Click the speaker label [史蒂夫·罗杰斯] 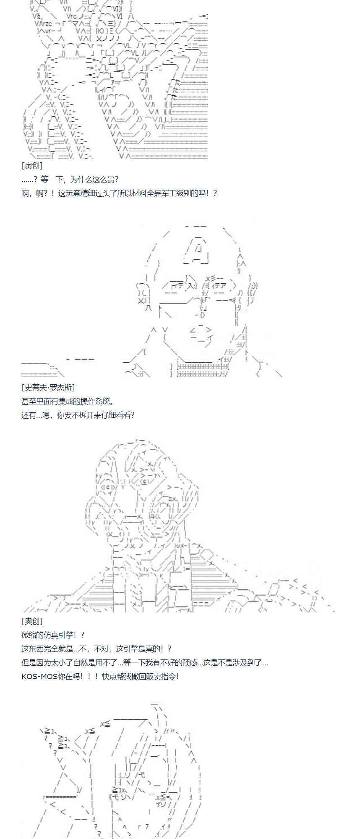pos(48,388)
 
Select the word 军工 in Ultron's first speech pos(169,193)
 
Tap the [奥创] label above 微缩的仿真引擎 pos(32,621)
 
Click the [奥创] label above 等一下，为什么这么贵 pos(32,166)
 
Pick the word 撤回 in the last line pos(138,676)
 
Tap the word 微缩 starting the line pos(29,635)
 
